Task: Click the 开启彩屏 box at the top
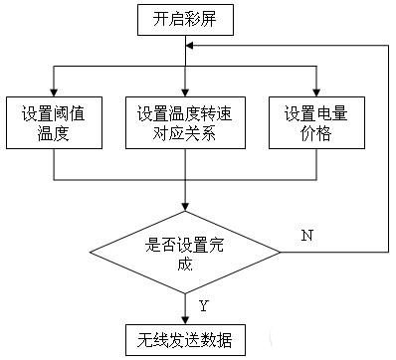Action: (x=184, y=17)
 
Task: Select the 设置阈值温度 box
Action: (x=54, y=121)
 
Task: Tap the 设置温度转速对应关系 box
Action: (x=184, y=121)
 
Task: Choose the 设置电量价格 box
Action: (x=315, y=121)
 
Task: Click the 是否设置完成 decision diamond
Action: (x=184, y=253)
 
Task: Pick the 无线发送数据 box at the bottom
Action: (x=184, y=338)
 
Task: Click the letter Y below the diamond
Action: (x=202, y=304)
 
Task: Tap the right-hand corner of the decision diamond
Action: (x=281, y=253)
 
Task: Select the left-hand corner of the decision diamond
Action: (x=90, y=253)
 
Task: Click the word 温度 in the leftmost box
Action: (x=54, y=131)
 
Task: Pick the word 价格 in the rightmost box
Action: (x=315, y=131)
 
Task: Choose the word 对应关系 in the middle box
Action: (x=184, y=131)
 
